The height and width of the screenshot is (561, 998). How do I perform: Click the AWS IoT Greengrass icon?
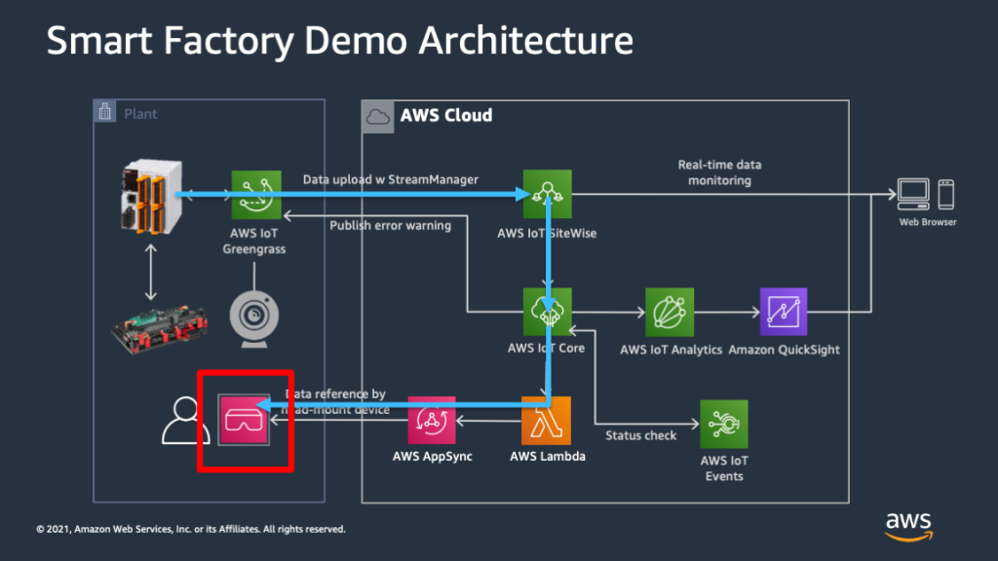click(x=255, y=195)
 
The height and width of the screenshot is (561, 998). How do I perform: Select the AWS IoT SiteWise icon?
click(x=547, y=195)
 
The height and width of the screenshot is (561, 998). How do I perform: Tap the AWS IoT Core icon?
click(x=547, y=312)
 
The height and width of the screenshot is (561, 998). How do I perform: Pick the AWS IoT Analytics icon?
click(x=670, y=312)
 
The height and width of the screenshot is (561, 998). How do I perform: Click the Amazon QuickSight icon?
click(x=784, y=312)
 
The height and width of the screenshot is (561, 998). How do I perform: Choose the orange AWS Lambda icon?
click(x=547, y=421)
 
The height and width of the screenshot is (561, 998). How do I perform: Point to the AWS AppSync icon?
click(x=432, y=421)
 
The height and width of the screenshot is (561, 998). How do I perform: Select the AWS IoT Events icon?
click(x=724, y=425)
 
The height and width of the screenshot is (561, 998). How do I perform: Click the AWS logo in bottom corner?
click(x=908, y=524)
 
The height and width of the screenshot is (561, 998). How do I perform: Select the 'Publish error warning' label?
click(x=390, y=226)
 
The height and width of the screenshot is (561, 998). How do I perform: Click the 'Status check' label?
click(x=640, y=435)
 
